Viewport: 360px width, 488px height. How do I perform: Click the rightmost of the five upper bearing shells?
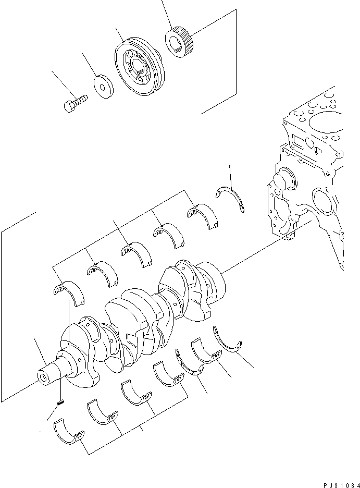click(202, 214)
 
